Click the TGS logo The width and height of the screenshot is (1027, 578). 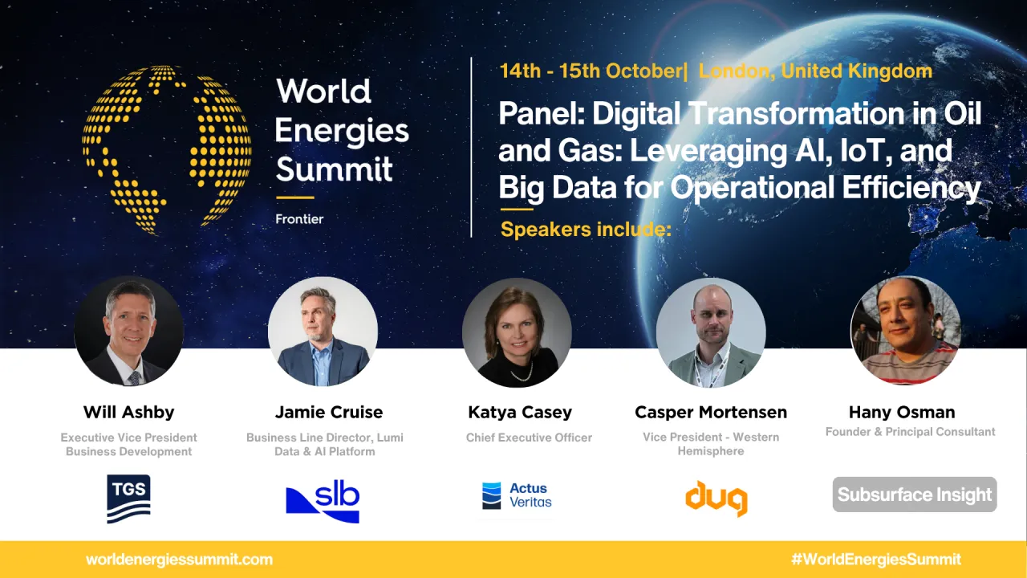click(x=128, y=499)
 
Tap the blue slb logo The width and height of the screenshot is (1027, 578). click(x=323, y=502)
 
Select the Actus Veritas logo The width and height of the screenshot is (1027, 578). click(x=517, y=495)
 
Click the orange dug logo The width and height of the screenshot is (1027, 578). click(x=716, y=499)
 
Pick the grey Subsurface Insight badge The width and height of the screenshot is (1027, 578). click(x=915, y=495)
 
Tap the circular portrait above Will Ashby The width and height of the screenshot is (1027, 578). click(x=129, y=331)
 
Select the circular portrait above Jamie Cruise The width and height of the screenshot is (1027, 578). click(x=323, y=331)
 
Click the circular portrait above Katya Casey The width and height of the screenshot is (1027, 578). click(x=517, y=332)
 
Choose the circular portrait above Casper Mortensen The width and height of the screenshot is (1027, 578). click(x=711, y=332)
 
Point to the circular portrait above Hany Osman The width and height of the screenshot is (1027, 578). click(x=905, y=330)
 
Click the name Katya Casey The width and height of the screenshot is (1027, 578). click(x=520, y=413)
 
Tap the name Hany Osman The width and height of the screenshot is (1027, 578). click(x=902, y=413)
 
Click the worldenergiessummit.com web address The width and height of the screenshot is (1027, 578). click(x=179, y=560)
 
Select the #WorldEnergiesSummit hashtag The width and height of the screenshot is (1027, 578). click(x=875, y=560)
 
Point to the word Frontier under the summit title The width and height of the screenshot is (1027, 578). click(x=299, y=218)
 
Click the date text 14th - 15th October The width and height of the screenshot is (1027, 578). click(x=591, y=71)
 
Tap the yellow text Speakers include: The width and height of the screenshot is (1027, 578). click(x=585, y=230)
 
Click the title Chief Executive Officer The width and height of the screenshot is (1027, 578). click(x=529, y=438)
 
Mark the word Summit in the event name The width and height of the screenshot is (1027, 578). click(x=334, y=169)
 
